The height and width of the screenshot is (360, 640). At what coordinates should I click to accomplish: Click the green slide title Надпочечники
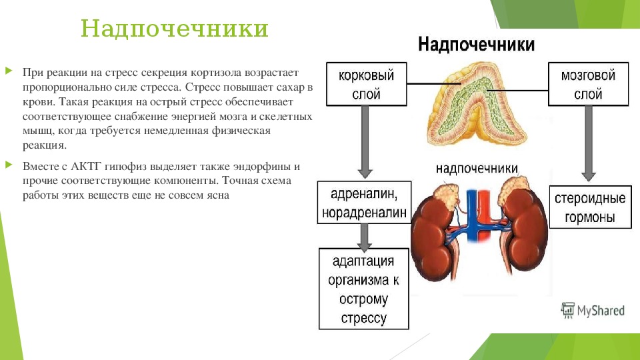[x=174, y=29]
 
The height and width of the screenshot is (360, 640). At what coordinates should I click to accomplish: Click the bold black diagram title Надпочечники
[x=476, y=44]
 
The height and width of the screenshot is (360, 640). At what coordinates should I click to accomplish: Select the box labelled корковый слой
[x=367, y=84]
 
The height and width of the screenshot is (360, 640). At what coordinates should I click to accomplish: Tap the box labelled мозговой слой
[x=588, y=84]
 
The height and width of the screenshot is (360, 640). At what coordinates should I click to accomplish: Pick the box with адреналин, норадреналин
[x=364, y=203]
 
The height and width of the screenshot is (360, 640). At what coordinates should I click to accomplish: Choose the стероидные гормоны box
[x=590, y=207]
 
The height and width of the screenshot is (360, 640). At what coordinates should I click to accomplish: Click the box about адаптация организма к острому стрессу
[x=364, y=289]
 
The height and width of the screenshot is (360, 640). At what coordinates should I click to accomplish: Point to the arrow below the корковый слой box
[x=365, y=142]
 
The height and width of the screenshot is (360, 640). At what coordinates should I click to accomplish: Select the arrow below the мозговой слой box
[x=588, y=143]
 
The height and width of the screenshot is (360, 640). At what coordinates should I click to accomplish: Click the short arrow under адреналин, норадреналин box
[x=364, y=237]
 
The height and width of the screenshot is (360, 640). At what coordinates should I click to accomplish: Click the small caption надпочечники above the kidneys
[x=477, y=168]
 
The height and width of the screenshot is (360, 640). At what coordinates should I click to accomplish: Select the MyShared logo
[x=593, y=311]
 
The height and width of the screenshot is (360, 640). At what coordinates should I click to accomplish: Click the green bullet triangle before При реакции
[x=9, y=71]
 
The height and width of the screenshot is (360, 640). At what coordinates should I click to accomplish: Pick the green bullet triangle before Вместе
[x=9, y=165]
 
